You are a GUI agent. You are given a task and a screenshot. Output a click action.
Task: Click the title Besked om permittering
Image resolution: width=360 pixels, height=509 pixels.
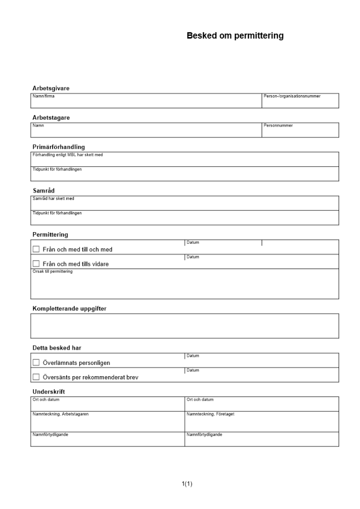click(x=235, y=36)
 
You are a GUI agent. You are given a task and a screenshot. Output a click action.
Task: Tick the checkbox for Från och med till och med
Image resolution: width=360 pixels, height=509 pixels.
click(x=36, y=249)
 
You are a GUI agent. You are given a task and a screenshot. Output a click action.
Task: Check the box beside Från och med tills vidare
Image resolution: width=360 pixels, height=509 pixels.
click(x=36, y=264)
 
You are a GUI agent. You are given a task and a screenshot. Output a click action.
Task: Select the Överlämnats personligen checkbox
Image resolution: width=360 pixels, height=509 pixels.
click(x=36, y=362)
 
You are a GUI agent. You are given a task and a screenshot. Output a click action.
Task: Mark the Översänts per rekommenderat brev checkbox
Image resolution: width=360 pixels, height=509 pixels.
click(x=36, y=377)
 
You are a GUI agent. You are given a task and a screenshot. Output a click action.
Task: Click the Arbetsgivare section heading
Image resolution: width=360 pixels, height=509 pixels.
click(x=51, y=88)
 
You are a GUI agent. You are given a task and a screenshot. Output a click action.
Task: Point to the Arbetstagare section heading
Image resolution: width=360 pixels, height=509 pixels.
click(x=51, y=118)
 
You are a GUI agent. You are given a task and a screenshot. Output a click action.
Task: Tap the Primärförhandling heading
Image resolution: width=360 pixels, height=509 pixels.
click(x=59, y=147)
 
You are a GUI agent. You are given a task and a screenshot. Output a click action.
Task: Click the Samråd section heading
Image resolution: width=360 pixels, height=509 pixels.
click(x=43, y=190)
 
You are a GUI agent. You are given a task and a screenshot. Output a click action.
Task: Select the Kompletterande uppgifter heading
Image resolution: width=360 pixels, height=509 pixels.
click(x=69, y=308)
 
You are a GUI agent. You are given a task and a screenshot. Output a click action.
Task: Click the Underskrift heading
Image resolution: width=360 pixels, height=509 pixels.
click(x=48, y=391)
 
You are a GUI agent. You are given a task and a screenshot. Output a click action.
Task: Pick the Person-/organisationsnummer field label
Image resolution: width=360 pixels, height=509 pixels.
click(x=292, y=96)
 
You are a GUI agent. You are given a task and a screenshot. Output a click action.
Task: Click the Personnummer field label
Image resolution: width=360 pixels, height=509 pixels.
click(x=278, y=125)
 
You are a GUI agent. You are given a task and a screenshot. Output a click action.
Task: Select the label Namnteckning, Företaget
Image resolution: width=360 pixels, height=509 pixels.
click(x=210, y=414)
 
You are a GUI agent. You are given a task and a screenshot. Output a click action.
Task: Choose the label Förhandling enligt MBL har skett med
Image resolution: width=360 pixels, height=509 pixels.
click(x=67, y=155)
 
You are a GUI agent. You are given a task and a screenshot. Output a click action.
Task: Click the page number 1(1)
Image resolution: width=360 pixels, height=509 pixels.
click(x=187, y=483)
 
